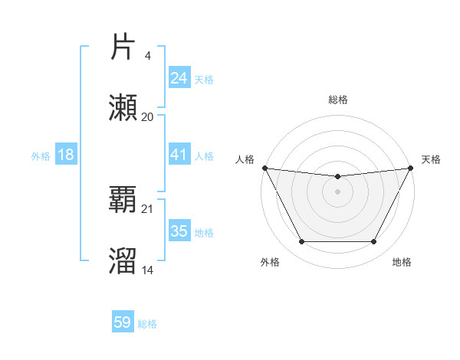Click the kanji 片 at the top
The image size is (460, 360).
tap(123, 47)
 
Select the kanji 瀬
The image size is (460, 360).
tap(123, 108)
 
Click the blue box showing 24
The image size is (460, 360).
tap(179, 78)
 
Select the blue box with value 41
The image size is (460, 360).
tap(179, 155)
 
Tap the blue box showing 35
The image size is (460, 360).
tap(179, 231)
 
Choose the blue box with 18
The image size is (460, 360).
tap(66, 155)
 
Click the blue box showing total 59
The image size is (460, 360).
tap(123, 322)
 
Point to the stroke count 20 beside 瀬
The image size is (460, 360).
tap(148, 116)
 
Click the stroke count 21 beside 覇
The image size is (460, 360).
tap(148, 208)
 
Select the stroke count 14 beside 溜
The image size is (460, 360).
tap(148, 270)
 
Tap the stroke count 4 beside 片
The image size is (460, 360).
tap(148, 55)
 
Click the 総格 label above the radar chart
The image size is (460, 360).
tap(338, 100)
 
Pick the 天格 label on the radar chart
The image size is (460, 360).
tap(431, 159)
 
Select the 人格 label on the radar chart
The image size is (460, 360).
tap(245, 159)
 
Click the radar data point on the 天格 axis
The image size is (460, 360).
tap(411, 168)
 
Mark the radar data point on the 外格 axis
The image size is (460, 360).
tap(301, 242)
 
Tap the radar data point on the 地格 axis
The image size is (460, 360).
tap(374, 242)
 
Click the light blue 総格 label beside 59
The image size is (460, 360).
tap(148, 324)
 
